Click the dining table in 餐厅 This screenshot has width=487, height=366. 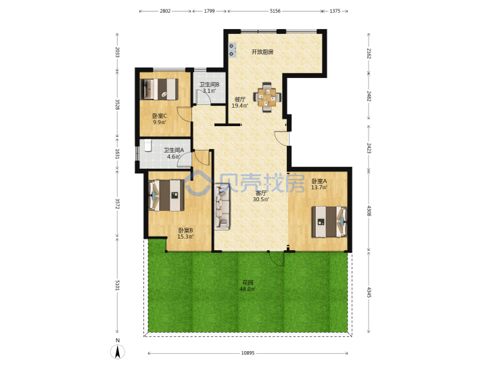click(267, 97)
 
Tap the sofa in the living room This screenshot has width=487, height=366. click(223, 207)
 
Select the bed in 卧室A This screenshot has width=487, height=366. click(329, 222)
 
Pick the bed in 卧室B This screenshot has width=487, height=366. click(166, 195)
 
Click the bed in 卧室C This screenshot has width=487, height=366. click(159, 89)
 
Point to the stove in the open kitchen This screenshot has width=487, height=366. click(232, 50)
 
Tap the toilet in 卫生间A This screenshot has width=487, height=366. click(148, 145)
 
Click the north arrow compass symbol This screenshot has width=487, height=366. click(118, 351)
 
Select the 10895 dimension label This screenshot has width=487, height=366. click(248, 353)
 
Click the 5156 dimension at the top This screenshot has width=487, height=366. click(275, 11)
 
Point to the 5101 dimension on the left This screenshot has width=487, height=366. click(118, 285)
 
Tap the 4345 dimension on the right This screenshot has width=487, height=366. click(369, 292)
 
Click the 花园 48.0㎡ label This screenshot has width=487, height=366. click(248, 286)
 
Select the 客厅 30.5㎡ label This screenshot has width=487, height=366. click(261, 196)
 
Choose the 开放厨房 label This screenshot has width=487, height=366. click(262, 52)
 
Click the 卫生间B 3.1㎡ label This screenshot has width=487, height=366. click(209, 87)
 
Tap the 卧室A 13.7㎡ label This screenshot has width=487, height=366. click(319, 184)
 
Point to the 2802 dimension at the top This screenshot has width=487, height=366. click(165, 11)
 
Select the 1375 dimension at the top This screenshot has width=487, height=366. click(335, 11)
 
